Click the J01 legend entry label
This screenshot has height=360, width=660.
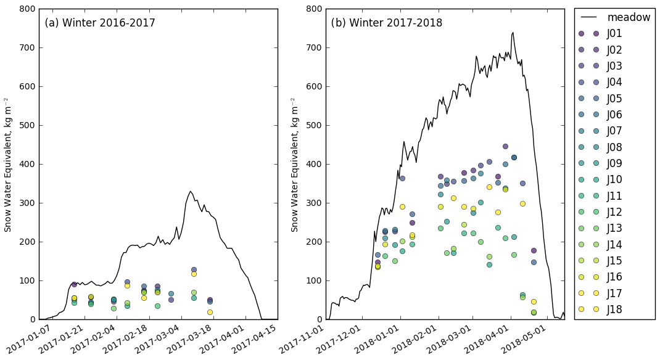pyautogui.click(x=614, y=33)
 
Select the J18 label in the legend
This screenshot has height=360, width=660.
pyautogui.click(x=614, y=309)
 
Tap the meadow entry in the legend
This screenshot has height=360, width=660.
pyautogui.click(x=629, y=17)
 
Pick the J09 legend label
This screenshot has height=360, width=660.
pyautogui.click(x=614, y=163)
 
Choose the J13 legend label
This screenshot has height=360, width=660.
pyautogui.click(x=614, y=228)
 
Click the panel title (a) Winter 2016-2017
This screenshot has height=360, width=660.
pyautogui.click(x=100, y=23)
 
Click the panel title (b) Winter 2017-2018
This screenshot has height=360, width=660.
pyautogui.click(x=387, y=23)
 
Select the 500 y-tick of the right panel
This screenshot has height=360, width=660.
pyautogui.click(x=315, y=125)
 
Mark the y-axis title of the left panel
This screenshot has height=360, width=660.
pyautogui.click(x=8, y=164)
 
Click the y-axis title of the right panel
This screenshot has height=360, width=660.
pyautogui.click(x=295, y=164)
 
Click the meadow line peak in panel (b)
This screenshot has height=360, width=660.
pyautogui.click(x=513, y=33)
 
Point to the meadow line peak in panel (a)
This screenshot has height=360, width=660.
pyautogui.click(x=190, y=191)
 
